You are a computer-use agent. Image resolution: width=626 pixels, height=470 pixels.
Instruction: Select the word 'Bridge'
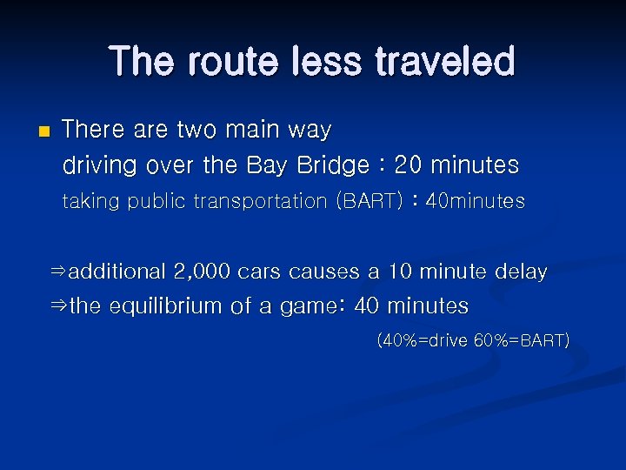[x=336, y=164]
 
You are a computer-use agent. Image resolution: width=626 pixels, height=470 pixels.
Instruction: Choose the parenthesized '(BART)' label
[x=369, y=201]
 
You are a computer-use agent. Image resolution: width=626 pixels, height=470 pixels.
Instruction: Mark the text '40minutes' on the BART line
[x=476, y=201]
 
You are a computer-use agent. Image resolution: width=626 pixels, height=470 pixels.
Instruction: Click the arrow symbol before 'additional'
[x=58, y=272]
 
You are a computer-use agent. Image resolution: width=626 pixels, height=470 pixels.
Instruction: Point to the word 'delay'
[x=521, y=272]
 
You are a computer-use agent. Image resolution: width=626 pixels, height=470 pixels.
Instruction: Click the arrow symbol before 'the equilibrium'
[x=58, y=307]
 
